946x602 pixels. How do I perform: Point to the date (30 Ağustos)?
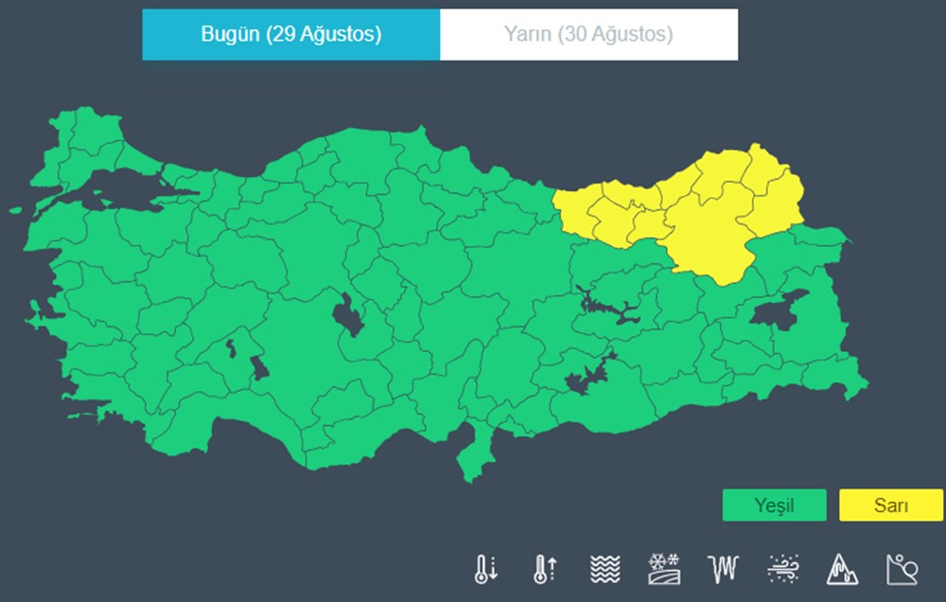pyautogui.click(x=615, y=35)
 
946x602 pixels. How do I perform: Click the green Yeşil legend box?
pyautogui.click(x=774, y=505)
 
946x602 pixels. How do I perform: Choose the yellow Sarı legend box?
pyautogui.click(x=890, y=505)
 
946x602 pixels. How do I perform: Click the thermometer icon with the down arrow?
pyautogui.click(x=485, y=568)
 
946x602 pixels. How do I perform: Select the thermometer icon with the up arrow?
pyautogui.click(x=545, y=568)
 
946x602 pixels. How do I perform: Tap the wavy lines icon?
pyautogui.click(x=604, y=568)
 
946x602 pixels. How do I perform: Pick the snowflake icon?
pyautogui.click(x=663, y=568)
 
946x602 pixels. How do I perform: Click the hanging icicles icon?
pyautogui.click(x=723, y=568)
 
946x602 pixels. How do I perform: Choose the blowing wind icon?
pyautogui.click(x=783, y=568)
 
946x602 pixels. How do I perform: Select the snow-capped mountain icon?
pyautogui.click(x=842, y=568)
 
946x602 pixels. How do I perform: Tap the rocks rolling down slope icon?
pyautogui.click(x=901, y=568)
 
